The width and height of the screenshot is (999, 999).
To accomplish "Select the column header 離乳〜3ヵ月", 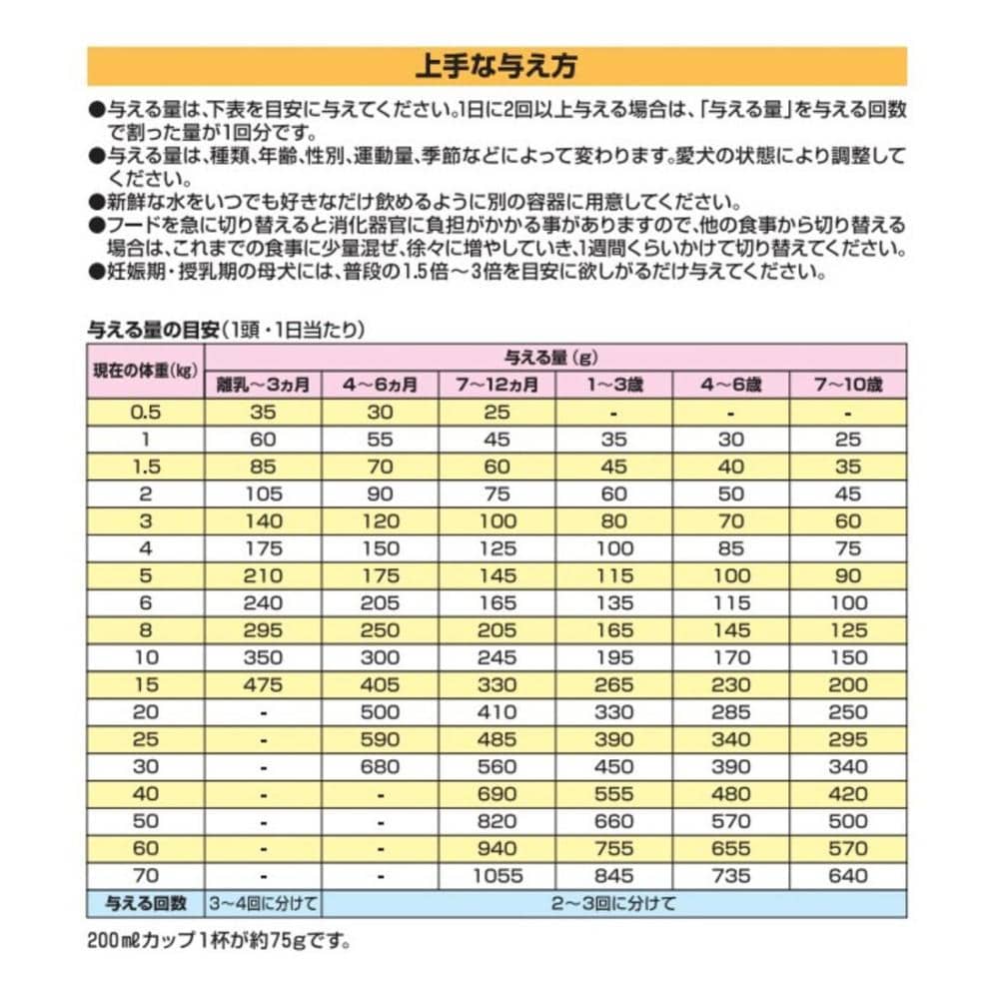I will tap(264, 385).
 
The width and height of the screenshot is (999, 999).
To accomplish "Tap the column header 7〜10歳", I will tap(847, 385).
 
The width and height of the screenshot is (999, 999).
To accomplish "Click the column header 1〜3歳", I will tap(614, 385).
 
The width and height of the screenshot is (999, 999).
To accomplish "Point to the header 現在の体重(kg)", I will tap(145, 371).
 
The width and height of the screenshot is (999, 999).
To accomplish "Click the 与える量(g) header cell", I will tap(555, 357).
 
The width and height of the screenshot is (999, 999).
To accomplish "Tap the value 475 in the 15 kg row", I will tap(264, 685).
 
